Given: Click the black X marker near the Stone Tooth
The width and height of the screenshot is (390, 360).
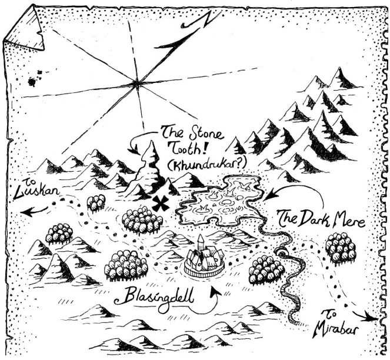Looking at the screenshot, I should [x=159, y=204].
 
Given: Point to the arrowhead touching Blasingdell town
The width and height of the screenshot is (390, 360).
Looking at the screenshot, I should [x=219, y=289].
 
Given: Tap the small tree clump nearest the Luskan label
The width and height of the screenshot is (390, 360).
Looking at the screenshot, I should [x=95, y=202].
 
